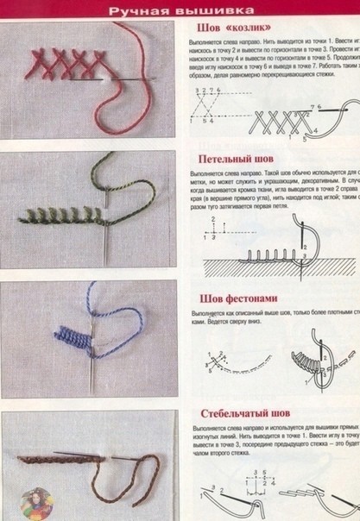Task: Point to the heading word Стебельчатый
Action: coord(235,413)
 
